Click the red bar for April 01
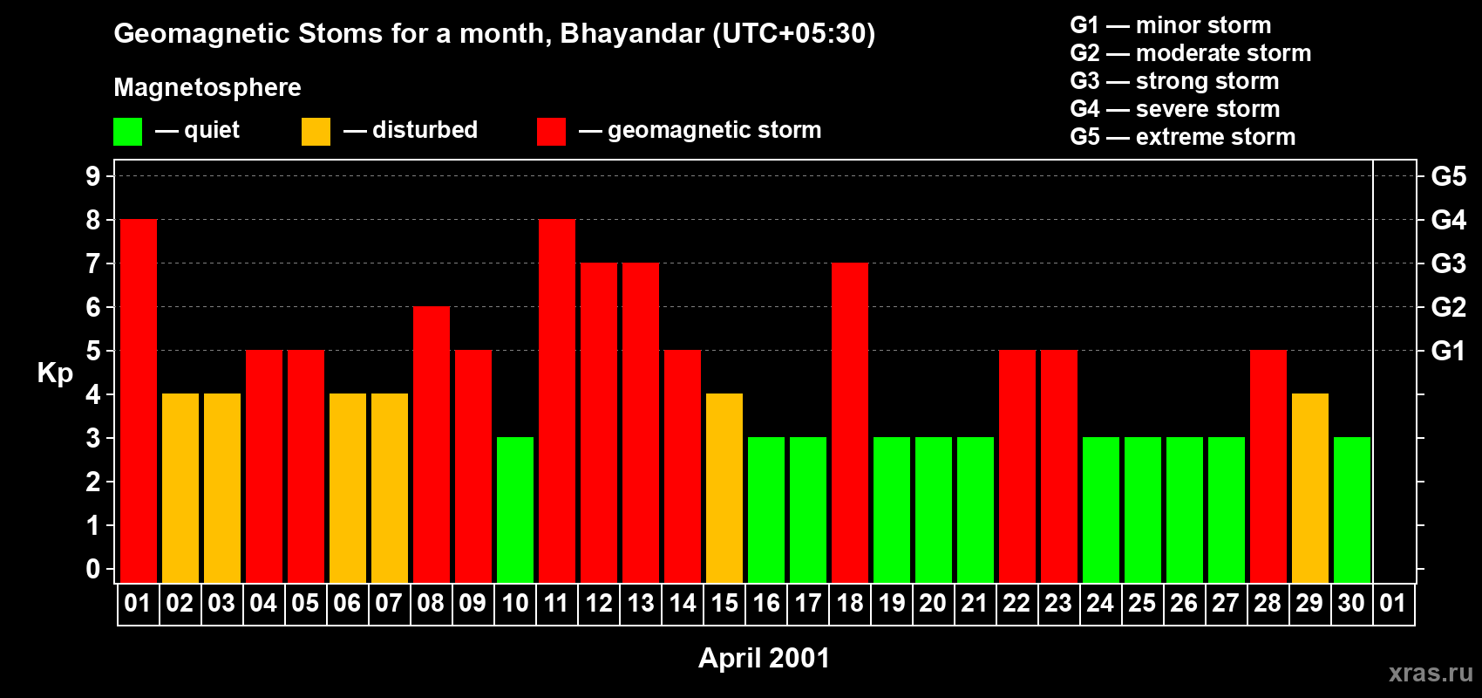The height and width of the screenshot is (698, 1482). tap(139, 401)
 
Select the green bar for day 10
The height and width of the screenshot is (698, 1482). tap(515, 510)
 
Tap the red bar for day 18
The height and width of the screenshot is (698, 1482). tap(850, 423)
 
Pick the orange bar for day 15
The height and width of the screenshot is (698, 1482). tap(724, 489)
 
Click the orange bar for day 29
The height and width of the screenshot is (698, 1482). tap(1310, 489)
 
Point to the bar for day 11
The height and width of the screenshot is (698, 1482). tap(557, 401)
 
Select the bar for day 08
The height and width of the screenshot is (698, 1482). tap(432, 445)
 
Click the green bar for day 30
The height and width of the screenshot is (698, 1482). tap(1352, 510)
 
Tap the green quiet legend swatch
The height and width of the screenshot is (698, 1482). tap(128, 132)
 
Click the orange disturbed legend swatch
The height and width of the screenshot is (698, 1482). tap(316, 132)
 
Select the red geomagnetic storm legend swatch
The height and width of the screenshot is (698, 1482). tap(551, 132)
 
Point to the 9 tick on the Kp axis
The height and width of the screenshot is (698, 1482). tap(93, 176)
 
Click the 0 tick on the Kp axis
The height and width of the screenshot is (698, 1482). tap(93, 569)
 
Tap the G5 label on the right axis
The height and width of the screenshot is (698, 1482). tap(1448, 176)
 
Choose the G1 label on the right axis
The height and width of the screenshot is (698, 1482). tap(1448, 351)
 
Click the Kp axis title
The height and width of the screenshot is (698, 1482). tap(55, 373)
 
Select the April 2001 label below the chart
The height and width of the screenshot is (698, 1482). tap(764, 658)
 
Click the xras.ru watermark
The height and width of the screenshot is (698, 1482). tap(1431, 673)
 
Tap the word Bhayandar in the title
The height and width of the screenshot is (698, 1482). tap(632, 33)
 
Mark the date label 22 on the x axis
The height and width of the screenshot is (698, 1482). tap(1016, 603)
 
